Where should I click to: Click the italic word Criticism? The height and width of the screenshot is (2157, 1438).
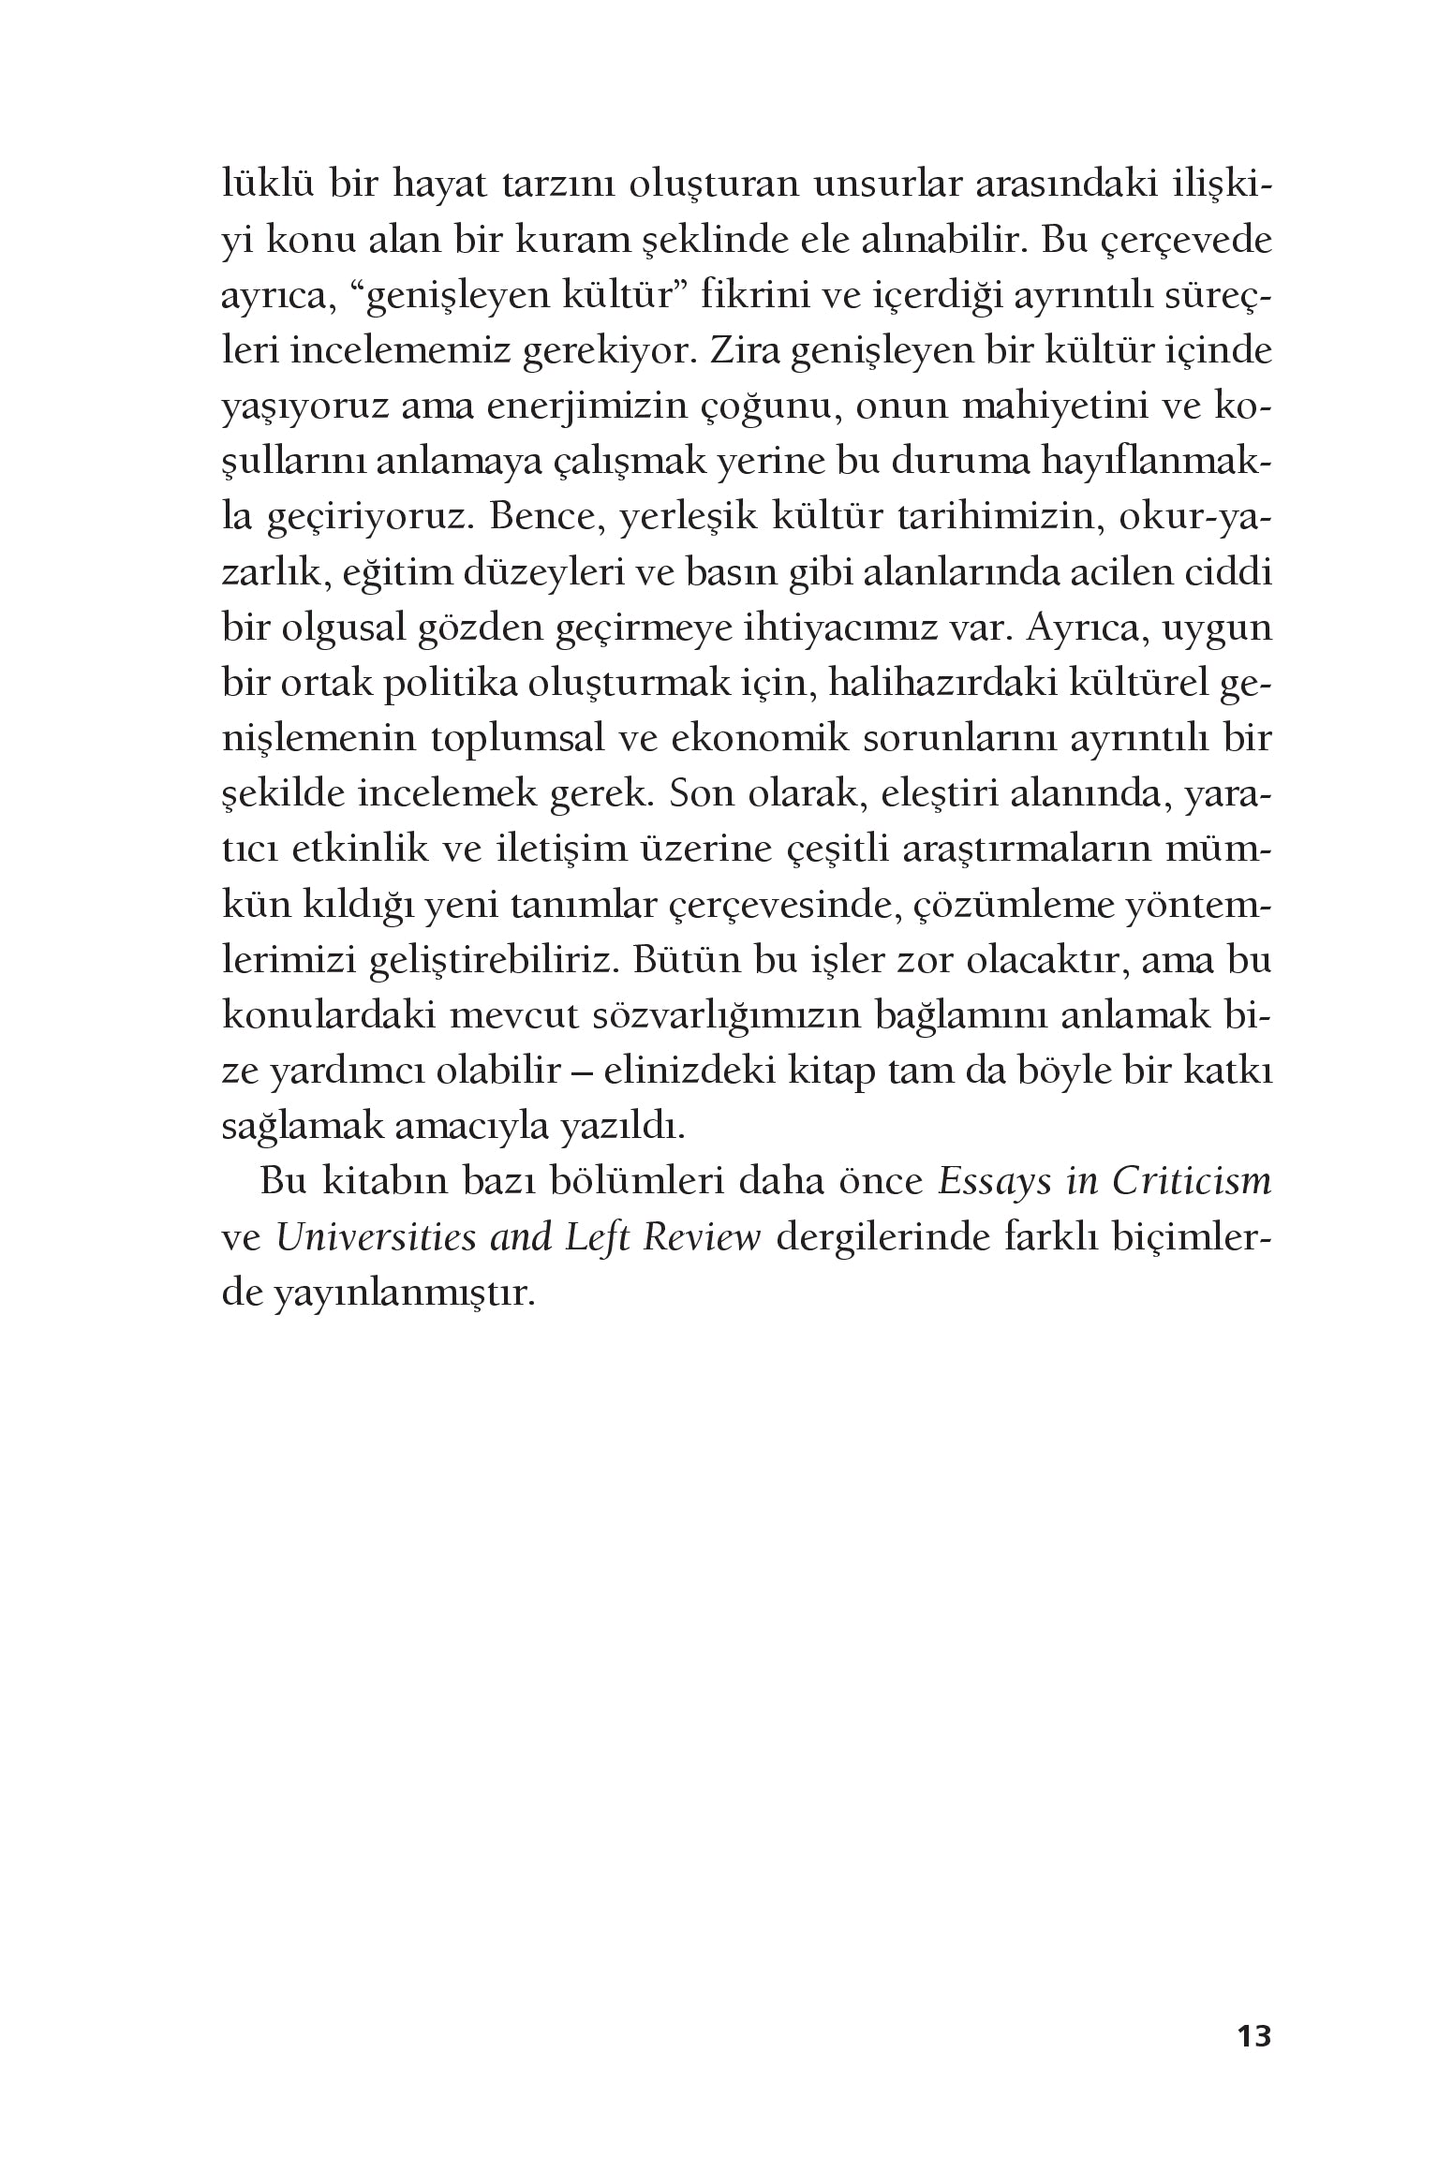[1193, 1182]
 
